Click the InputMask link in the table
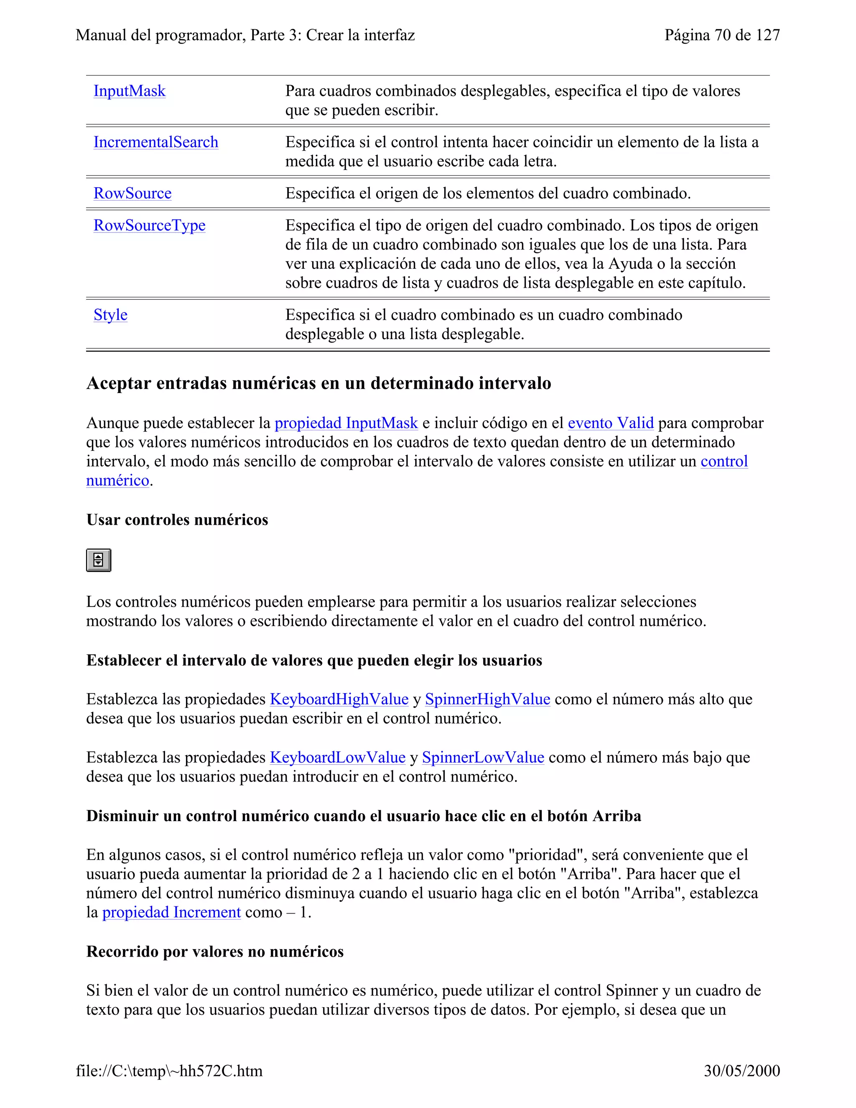(129, 91)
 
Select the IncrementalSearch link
(155, 142)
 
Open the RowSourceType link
(149, 225)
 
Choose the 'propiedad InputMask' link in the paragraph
(346, 423)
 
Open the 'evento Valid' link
(611, 423)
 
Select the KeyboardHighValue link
(339, 699)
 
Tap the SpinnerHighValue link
(487, 699)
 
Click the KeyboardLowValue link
(337, 758)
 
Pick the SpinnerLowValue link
(483, 758)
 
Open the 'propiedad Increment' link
(171, 912)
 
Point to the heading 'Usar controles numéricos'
(177, 520)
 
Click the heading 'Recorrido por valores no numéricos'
(215, 951)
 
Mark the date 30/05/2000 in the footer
(741, 1071)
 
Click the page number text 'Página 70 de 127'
(722, 35)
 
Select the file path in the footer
(169, 1071)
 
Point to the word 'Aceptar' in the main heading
(119, 383)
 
